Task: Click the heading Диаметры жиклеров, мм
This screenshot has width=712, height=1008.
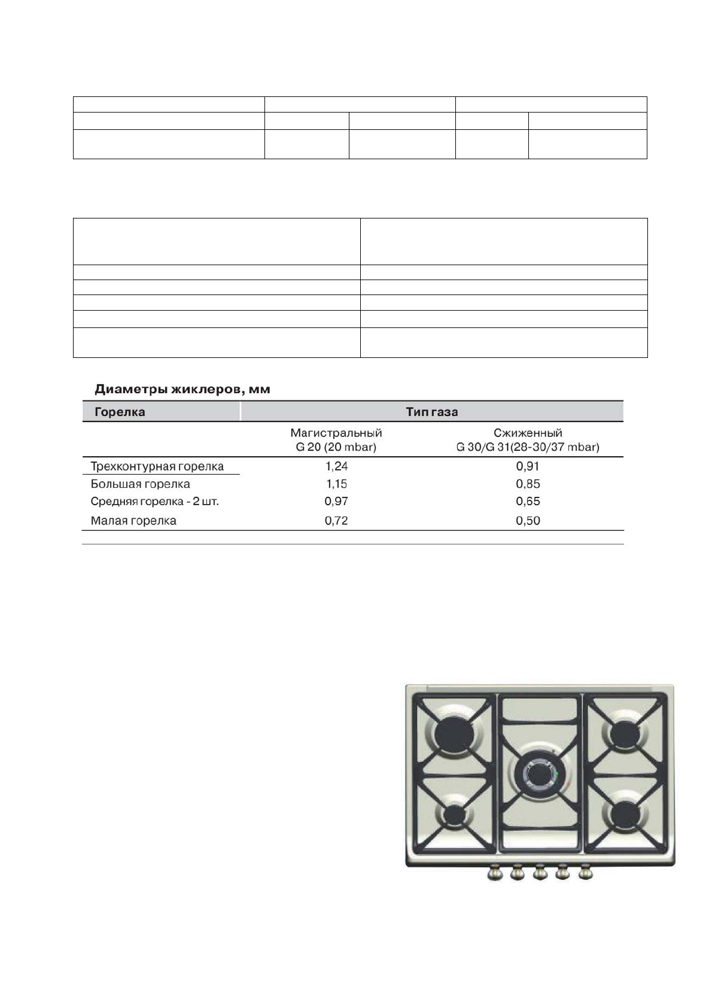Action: point(182,390)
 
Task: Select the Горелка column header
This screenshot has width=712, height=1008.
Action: point(120,412)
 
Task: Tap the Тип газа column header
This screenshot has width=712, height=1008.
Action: point(431,412)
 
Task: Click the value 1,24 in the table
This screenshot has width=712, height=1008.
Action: point(336,466)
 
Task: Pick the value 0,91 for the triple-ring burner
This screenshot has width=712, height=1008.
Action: point(528,466)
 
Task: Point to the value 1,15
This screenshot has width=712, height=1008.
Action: point(336,484)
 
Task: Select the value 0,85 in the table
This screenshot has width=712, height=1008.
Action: point(528,484)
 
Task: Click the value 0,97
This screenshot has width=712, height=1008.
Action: point(336,502)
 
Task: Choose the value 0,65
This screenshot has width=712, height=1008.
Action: point(528,502)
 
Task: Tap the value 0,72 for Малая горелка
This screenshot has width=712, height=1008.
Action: point(336,521)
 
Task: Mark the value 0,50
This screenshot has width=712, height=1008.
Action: point(528,521)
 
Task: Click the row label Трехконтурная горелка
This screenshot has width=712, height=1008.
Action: point(157,466)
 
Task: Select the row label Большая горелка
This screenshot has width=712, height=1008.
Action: point(141,484)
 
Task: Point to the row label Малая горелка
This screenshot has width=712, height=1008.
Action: point(133,521)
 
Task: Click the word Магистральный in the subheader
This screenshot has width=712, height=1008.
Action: point(336,433)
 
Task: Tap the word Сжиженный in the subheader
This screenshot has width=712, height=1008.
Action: point(528,433)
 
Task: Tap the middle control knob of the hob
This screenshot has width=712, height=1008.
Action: point(540,873)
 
